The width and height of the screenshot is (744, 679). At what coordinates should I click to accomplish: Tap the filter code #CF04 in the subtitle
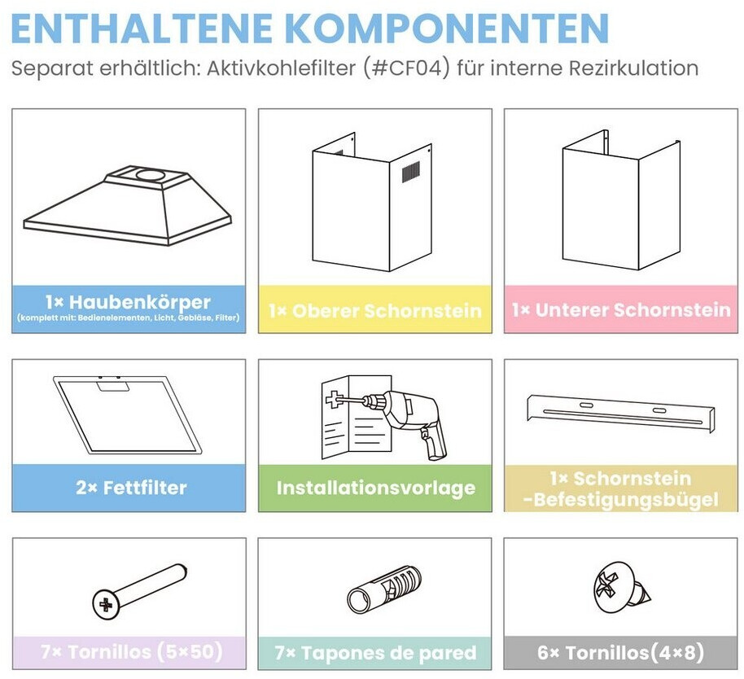tap(406, 68)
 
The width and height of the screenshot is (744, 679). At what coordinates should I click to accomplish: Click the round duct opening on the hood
tap(151, 174)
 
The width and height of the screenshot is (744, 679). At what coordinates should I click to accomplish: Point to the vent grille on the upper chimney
tap(411, 171)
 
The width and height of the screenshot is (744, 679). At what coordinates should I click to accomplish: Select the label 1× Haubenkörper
tap(128, 302)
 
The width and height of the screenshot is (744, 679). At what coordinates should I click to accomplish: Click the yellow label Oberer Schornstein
tap(374, 311)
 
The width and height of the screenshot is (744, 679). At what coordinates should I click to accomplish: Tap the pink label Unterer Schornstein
tap(621, 310)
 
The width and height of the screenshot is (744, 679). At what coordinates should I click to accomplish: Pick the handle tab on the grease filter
tap(113, 386)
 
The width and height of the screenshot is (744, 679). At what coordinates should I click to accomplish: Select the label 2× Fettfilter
tap(131, 488)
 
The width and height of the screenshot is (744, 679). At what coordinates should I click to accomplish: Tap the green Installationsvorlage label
tap(376, 488)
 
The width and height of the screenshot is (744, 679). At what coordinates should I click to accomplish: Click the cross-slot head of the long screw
tap(105, 604)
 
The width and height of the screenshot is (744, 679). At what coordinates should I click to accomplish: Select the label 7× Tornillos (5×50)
tap(131, 651)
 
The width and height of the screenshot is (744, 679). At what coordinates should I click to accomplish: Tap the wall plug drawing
tap(384, 590)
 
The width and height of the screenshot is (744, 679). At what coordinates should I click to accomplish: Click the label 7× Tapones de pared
tap(375, 653)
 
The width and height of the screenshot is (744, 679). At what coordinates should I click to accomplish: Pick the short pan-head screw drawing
tap(621, 587)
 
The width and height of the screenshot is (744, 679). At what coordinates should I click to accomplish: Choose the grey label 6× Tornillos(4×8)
tap(620, 652)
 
